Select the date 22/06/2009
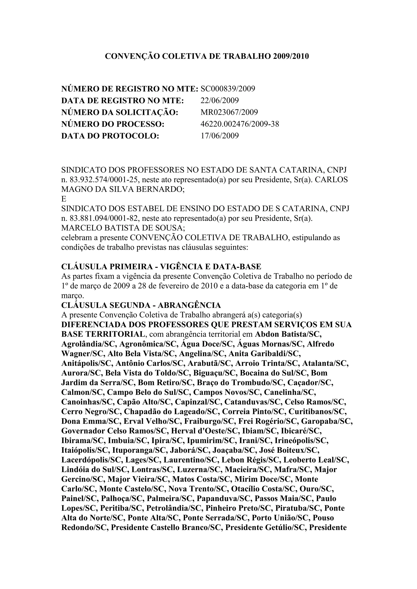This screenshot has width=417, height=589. click(x=219, y=100)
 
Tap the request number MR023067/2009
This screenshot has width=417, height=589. click(x=229, y=112)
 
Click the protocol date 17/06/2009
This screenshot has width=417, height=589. click(x=219, y=135)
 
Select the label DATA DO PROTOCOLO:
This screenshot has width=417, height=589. click(x=110, y=135)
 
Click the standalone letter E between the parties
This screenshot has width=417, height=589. click(x=64, y=199)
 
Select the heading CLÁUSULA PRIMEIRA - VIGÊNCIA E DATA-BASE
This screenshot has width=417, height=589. click(x=161, y=267)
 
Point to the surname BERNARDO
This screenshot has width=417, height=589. click(x=160, y=190)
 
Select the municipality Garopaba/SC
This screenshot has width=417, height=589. click(x=327, y=421)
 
